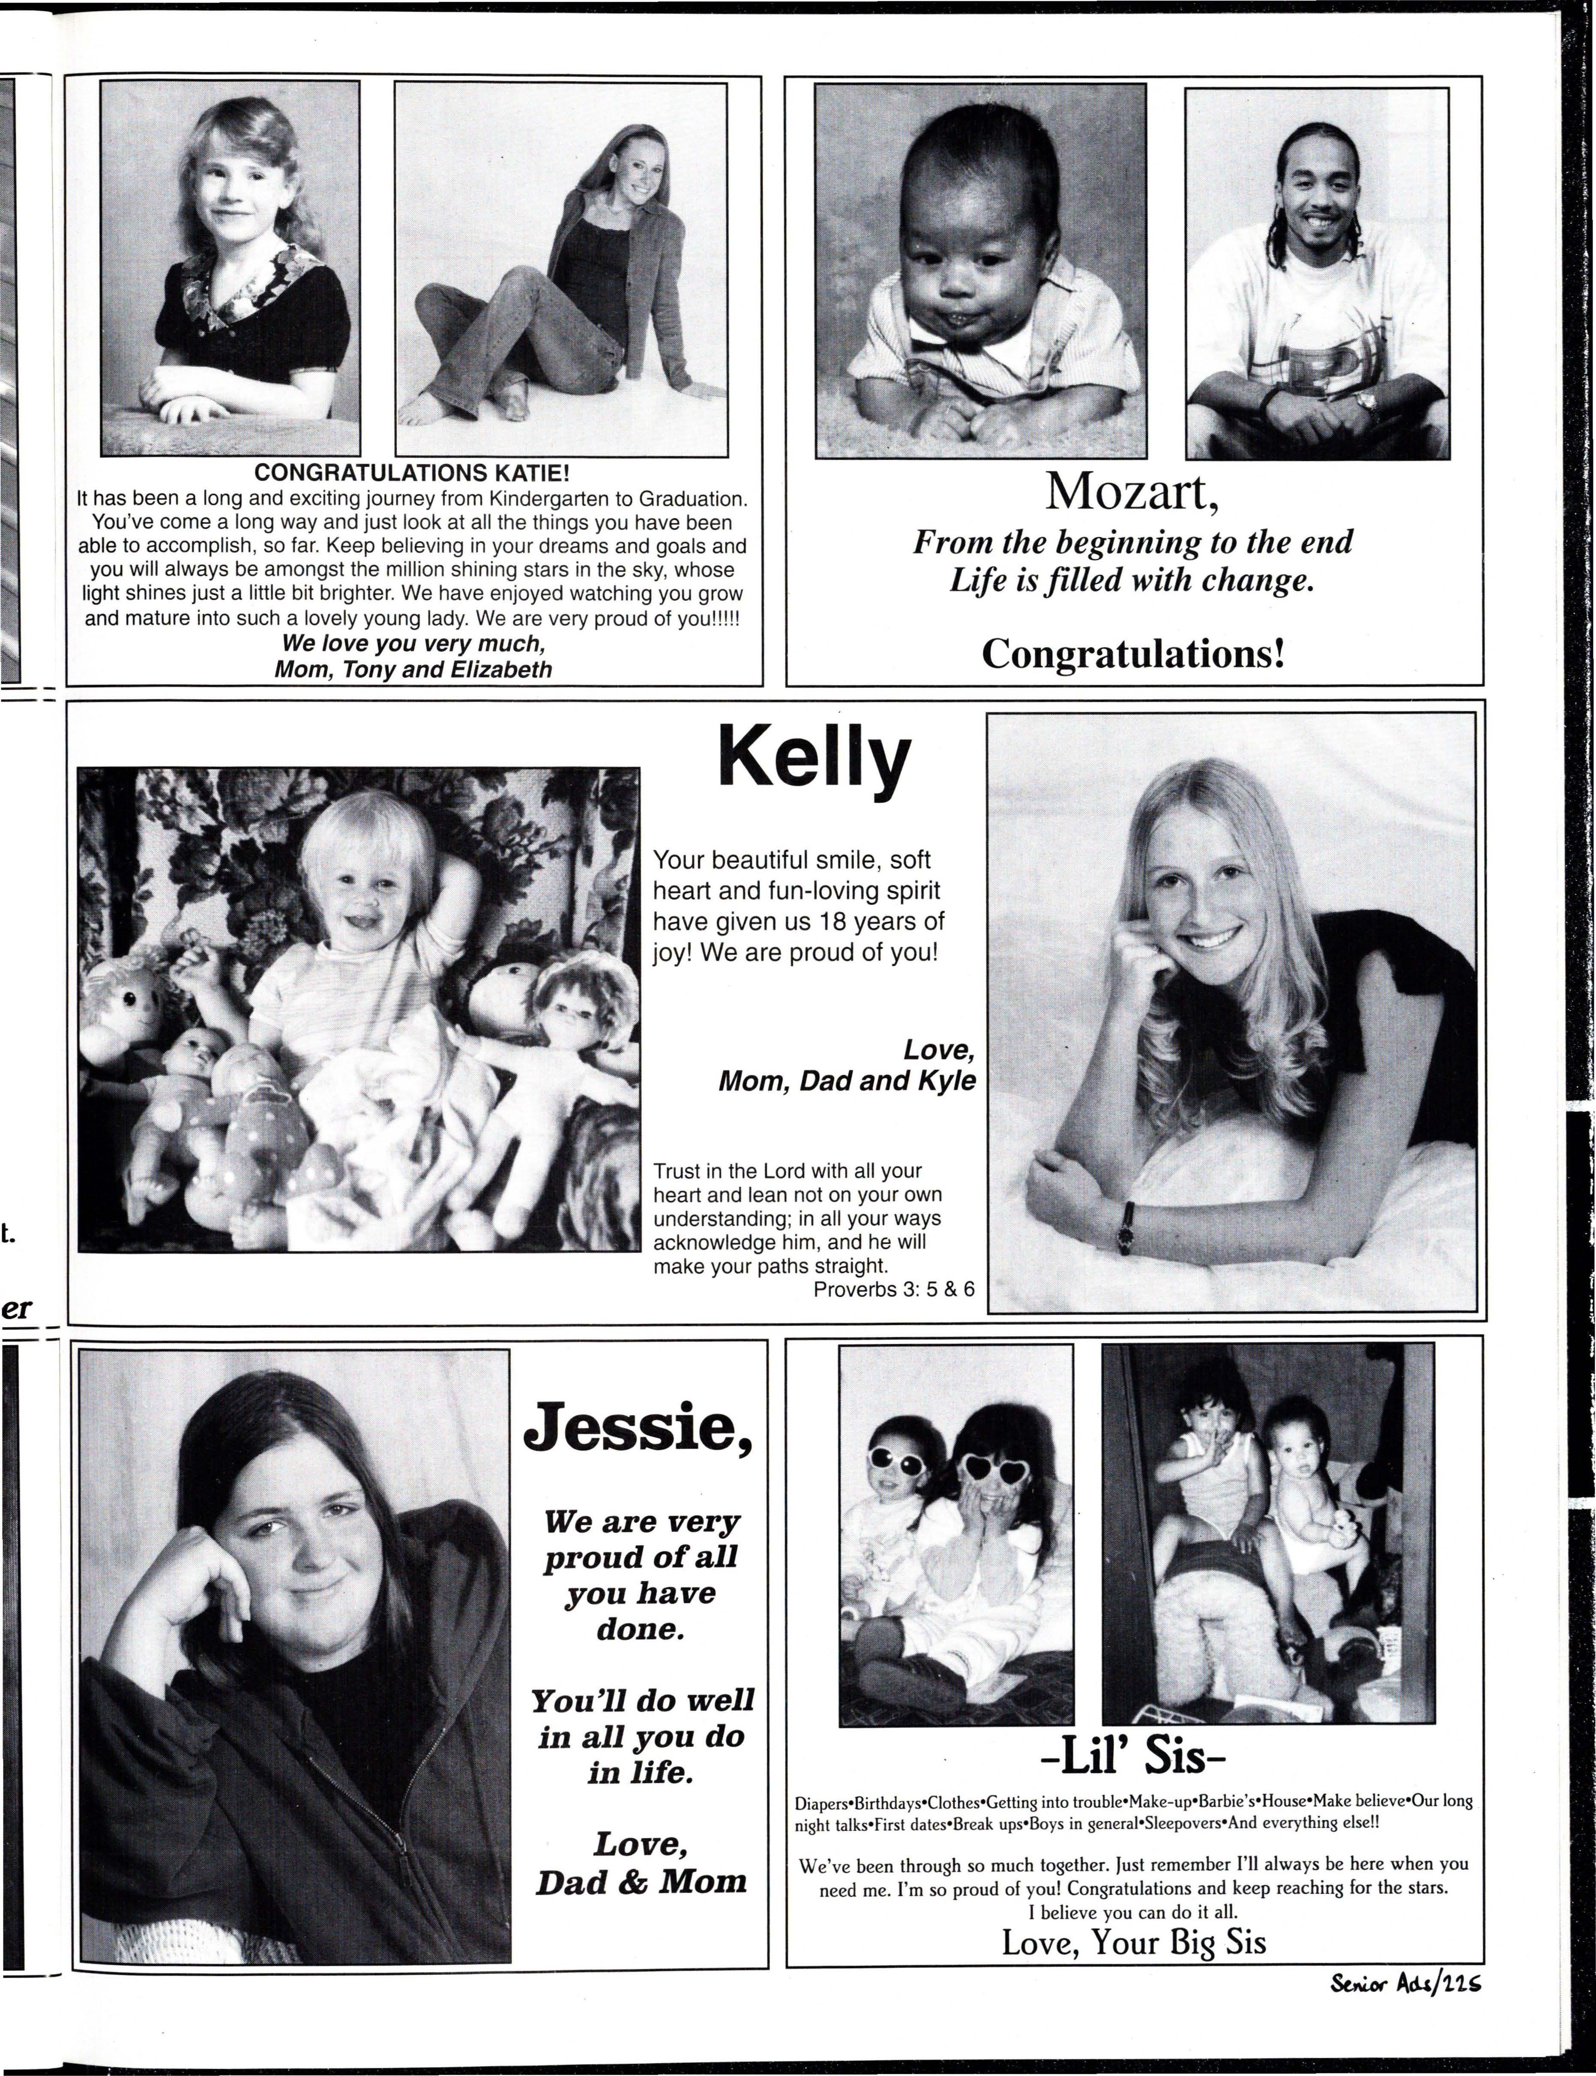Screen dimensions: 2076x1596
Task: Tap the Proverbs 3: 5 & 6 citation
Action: coord(893,1289)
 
